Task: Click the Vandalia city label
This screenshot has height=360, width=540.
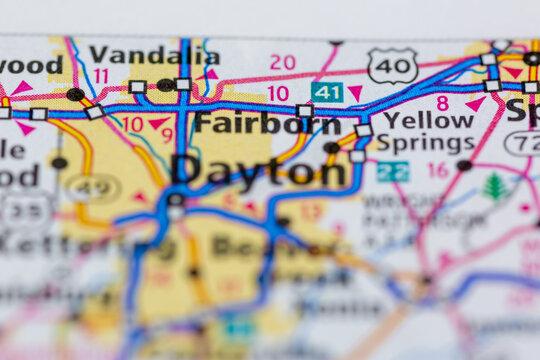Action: pyautogui.click(x=153, y=55)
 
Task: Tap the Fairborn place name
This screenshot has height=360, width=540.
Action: pyautogui.click(x=266, y=124)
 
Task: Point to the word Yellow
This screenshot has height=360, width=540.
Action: pyautogui.click(x=428, y=120)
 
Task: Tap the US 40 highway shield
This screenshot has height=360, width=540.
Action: pyautogui.click(x=392, y=66)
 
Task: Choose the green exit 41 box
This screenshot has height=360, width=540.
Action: pyautogui.click(x=326, y=92)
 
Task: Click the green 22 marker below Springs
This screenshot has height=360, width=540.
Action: pyautogui.click(x=393, y=171)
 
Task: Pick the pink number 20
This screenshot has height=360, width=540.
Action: pyautogui.click(x=283, y=62)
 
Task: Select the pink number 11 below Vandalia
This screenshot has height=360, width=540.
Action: pyautogui.click(x=101, y=76)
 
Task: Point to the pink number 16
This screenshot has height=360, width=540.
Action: pyautogui.click(x=438, y=170)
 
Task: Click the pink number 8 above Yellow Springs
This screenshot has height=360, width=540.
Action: pyautogui.click(x=442, y=102)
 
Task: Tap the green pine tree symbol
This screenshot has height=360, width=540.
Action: pyautogui.click(x=494, y=187)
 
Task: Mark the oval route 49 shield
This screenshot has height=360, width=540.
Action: pyautogui.click(x=92, y=186)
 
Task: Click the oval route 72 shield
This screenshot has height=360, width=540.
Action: pyautogui.click(x=523, y=144)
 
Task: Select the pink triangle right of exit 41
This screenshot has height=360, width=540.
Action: pyautogui.click(x=355, y=93)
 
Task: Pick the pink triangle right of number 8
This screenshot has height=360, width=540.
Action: pyautogui.click(x=475, y=103)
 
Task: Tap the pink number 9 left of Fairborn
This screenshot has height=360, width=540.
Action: pyautogui.click(x=166, y=134)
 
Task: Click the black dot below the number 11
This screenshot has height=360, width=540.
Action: pyautogui.click(x=75, y=94)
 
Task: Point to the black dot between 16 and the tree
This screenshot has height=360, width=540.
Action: pyautogui.click(x=463, y=165)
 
